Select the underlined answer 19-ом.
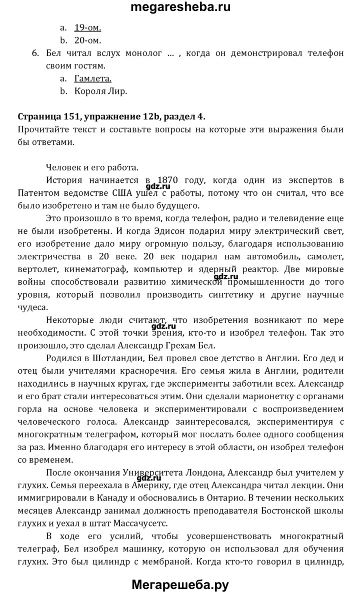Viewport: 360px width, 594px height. click(x=88, y=28)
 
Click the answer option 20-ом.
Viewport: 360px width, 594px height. click(x=87, y=40)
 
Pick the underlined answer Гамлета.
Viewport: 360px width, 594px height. click(x=92, y=78)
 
